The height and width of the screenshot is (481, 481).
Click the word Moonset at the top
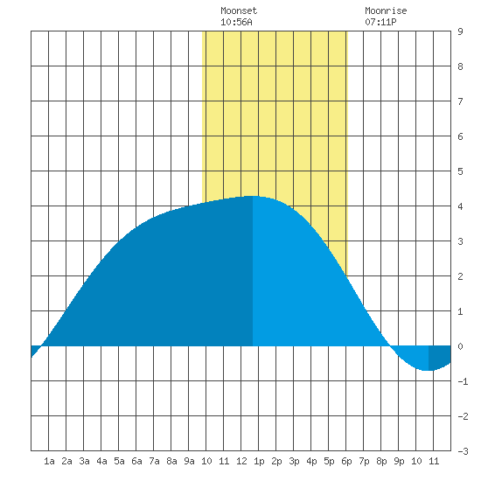[239, 10]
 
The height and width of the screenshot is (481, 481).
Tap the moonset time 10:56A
[236, 22]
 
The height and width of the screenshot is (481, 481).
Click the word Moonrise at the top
[386, 10]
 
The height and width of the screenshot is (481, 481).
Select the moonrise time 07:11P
[380, 22]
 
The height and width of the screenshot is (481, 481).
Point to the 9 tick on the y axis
[460, 31]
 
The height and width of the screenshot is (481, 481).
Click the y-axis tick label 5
[460, 171]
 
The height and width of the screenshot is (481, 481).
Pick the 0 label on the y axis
[460, 346]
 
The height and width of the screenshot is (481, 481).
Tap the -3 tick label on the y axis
[463, 451]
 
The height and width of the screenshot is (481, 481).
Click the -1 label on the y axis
[463, 381]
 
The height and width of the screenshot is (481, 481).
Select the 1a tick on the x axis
[49, 461]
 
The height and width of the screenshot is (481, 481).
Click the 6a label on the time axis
[136, 461]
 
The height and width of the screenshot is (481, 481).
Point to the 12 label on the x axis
[241, 461]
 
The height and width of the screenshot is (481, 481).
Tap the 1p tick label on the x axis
[259, 461]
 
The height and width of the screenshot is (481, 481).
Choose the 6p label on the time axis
[346, 461]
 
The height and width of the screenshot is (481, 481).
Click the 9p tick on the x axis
[399, 461]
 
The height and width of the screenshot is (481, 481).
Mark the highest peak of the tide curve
[253, 196]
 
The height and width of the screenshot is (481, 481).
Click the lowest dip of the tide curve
[429, 370]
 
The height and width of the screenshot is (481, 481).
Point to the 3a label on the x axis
[84, 461]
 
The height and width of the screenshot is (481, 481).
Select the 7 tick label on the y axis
[460, 101]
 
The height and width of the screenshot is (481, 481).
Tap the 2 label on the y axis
[460, 276]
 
